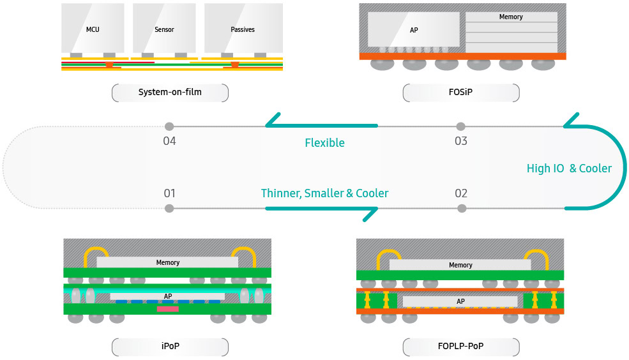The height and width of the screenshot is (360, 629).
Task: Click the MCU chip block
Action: (x=93, y=29)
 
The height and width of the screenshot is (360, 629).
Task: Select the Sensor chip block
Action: (x=164, y=29)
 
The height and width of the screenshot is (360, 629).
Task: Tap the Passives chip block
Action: (x=242, y=29)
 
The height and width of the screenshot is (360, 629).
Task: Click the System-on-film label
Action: (x=170, y=93)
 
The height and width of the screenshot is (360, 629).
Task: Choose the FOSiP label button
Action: (x=460, y=93)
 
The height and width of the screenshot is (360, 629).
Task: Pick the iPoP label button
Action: (x=170, y=347)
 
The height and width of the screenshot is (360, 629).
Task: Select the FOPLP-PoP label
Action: (x=460, y=347)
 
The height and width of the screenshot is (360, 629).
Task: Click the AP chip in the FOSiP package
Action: (x=414, y=30)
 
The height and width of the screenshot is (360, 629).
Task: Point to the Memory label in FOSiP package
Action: (x=511, y=17)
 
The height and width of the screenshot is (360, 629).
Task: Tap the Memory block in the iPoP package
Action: (x=167, y=262)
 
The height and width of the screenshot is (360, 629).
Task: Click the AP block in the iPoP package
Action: (x=167, y=296)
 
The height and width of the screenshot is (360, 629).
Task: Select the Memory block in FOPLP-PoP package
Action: (x=460, y=264)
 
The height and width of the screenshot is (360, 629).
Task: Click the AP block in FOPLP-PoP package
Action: (x=460, y=301)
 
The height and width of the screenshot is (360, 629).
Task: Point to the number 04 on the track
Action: (x=169, y=141)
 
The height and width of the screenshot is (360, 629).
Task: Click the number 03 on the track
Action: (x=460, y=141)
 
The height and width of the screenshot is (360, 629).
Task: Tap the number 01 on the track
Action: (x=169, y=193)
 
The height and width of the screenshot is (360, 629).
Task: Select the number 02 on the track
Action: (x=461, y=193)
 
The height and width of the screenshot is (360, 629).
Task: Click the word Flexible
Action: (x=324, y=143)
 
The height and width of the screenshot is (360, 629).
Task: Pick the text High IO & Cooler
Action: (x=568, y=169)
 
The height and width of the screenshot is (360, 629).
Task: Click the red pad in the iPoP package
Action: (x=167, y=309)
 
